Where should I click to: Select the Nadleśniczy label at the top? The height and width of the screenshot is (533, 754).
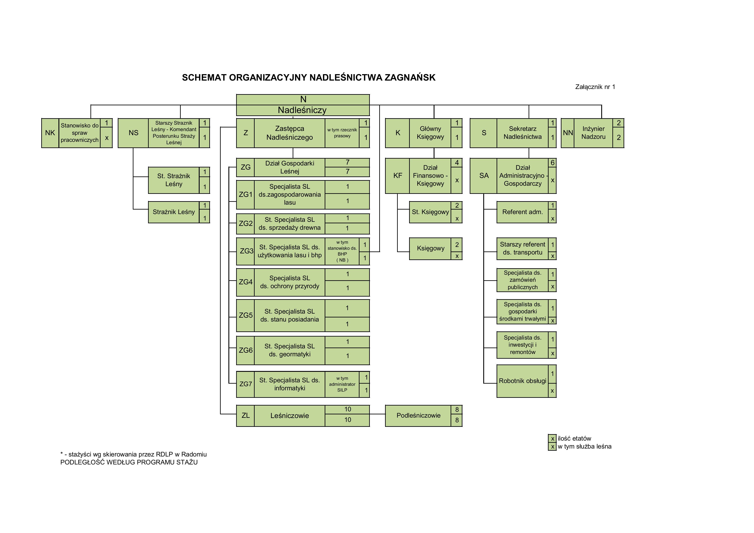click(302, 110)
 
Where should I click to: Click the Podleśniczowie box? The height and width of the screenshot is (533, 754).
click(418, 415)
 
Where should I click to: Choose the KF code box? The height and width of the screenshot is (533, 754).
click(397, 176)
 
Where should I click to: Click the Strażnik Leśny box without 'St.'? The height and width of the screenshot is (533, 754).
click(173, 212)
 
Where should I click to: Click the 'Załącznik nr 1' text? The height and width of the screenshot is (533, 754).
click(595, 87)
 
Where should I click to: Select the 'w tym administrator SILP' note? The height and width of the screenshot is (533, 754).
click(342, 384)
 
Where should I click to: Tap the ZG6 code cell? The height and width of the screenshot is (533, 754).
click(246, 350)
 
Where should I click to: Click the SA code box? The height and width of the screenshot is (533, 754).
click(484, 176)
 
